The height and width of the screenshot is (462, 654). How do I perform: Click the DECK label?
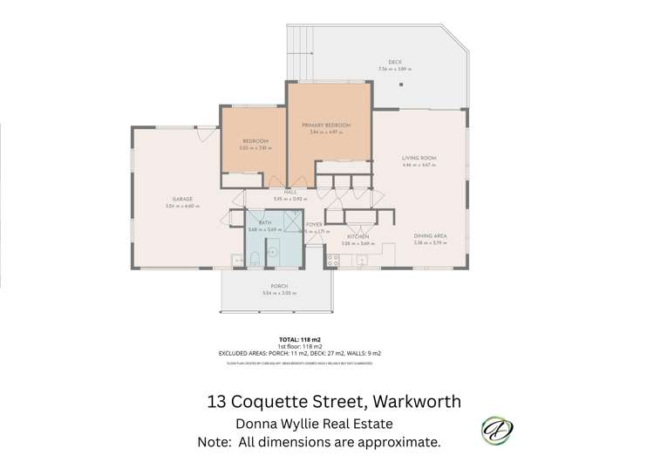pos(395,63)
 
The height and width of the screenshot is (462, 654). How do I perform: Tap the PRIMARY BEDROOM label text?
pos(326,126)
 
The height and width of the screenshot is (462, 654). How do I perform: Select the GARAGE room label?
pos(182,200)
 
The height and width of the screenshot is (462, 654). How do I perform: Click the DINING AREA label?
pos(431,236)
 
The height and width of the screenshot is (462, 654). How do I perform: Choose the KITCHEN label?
pos(358,236)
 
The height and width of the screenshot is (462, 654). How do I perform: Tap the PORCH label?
pos(279,287)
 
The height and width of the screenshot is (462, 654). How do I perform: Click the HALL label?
pos(290,192)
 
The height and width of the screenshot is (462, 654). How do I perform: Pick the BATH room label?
pos(264,223)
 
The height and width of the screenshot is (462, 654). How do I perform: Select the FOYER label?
pos(314,224)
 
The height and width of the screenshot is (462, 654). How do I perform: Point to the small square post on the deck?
pos(402,85)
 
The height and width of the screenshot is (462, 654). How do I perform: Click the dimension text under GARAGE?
pos(182,207)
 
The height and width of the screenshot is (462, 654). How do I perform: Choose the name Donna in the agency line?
pos(261,425)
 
